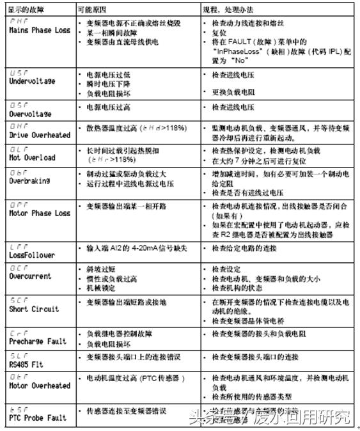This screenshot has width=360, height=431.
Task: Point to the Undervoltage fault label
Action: (x=32, y=81)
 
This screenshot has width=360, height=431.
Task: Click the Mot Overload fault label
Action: (x=32, y=157)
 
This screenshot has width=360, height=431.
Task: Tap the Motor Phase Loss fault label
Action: (x=39, y=212)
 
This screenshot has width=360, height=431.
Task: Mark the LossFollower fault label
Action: (x=32, y=255)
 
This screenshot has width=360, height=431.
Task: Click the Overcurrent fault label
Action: (x=29, y=277)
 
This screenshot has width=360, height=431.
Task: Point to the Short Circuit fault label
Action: (x=33, y=309)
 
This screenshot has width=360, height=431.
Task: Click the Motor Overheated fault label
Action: (x=39, y=386)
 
